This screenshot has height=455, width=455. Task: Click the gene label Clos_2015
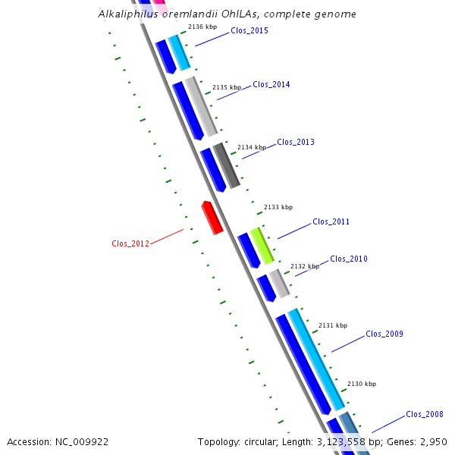coord(249,30)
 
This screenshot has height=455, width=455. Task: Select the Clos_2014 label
coord(271,84)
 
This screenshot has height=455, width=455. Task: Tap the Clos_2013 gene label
coord(296,142)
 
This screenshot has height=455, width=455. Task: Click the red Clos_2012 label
coord(130,243)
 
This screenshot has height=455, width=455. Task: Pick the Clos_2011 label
coord(331,221)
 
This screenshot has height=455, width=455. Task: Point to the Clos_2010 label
coord(349,259)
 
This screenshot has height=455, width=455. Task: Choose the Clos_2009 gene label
coord(384,334)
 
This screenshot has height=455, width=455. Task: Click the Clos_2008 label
coord(425,414)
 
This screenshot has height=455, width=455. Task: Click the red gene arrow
coord(212,218)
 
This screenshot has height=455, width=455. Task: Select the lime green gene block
coord(262,246)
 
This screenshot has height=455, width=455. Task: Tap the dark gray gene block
coord(226,165)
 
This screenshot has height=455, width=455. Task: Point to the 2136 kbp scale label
coord(202,27)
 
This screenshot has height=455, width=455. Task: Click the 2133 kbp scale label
coord(278,207)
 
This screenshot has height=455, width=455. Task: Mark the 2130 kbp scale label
coord(362,384)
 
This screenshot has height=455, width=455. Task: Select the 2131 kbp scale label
coord(333,325)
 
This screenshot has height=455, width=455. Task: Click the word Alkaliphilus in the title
coord(128,14)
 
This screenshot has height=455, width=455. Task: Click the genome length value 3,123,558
coord(341,442)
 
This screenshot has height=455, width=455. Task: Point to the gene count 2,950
coord(434,442)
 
